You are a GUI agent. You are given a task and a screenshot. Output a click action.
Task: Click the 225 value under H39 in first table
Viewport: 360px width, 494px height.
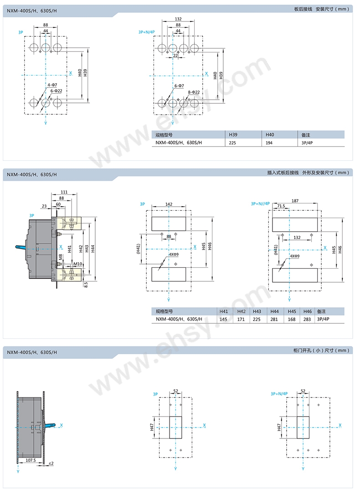point(233,142)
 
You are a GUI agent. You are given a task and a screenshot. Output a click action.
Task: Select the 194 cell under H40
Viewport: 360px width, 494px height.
point(270,142)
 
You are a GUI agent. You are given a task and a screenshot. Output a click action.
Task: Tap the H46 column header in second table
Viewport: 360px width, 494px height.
point(308,311)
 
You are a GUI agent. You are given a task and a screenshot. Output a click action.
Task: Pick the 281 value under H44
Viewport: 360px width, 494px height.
point(275,319)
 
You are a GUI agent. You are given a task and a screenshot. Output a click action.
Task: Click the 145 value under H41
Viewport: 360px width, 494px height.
point(224,319)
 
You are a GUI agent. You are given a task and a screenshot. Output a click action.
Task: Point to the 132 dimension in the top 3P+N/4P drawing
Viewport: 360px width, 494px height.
point(178,19)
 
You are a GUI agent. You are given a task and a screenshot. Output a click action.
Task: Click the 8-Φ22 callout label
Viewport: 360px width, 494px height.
point(194,92)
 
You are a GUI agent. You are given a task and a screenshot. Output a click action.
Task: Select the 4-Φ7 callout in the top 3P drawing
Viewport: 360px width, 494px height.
point(52,85)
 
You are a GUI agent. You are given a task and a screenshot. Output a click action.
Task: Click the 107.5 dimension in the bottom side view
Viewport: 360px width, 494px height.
point(31,460)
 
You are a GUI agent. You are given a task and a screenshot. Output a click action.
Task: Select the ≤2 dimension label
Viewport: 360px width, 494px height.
point(51,463)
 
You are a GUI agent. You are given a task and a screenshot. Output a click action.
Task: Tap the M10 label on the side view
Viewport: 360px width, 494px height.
point(77,264)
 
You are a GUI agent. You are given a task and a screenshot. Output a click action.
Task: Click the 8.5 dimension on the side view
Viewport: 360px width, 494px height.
point(85,284)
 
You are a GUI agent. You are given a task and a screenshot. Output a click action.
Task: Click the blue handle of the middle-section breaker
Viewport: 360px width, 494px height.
point(21,247)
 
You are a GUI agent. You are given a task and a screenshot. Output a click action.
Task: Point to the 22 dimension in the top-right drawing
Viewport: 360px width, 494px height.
point(175,56)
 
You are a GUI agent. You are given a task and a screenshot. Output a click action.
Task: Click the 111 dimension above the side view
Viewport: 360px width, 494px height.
point(64,192)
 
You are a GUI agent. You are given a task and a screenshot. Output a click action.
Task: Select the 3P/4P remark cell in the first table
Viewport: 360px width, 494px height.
point(308,142)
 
